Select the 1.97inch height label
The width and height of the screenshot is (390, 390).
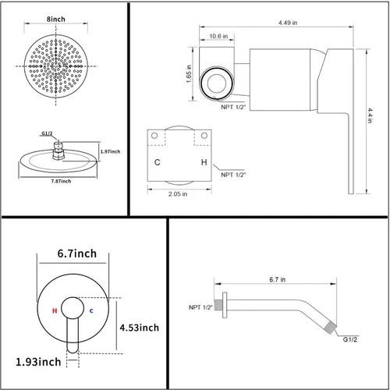click(x=111, y=152)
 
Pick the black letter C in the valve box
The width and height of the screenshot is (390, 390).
click(x=158, y=163)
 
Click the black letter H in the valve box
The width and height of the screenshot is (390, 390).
click(x=204, y=163)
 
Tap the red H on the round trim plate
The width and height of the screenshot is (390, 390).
click(x=54, y=310)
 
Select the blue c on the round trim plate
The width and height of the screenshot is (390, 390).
click(x=91, y=310)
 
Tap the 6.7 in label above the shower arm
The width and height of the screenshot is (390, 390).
click(x=278, y=279)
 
